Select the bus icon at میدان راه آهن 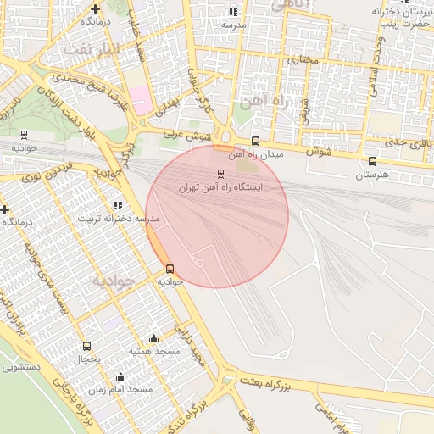[x=256, y=141]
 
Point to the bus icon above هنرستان [x=372, y=161]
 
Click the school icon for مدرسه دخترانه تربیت [x=118, y=205]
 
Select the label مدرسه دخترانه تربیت [x=119, y=219]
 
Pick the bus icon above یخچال [x=86, y=346]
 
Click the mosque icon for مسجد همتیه [x=153, y=338]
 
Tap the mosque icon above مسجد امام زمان [x=120, y=376]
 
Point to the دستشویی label [x=20, y=368]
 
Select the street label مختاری [x=301, y=60]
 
